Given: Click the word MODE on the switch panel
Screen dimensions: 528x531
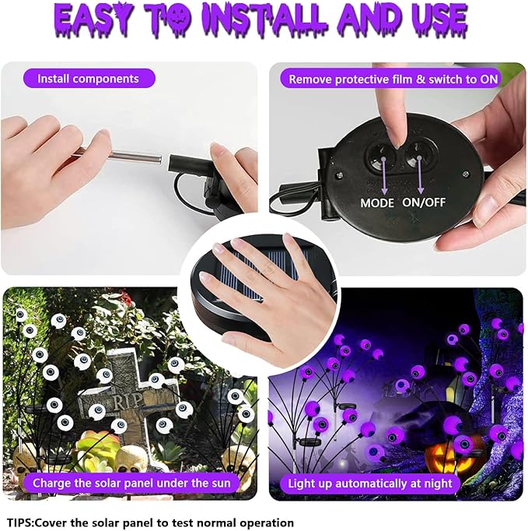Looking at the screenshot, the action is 377,203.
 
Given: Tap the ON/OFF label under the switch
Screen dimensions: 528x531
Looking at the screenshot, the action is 424,202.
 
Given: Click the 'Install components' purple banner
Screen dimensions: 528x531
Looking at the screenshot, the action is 89,79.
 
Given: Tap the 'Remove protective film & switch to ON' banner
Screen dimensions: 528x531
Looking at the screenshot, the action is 393,79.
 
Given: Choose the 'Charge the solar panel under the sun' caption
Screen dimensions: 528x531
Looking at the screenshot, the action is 131,483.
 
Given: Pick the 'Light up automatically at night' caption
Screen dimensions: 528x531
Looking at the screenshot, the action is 370,484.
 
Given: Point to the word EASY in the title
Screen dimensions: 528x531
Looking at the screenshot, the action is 92,19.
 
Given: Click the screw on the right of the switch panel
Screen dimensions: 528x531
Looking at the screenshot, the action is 466,174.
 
